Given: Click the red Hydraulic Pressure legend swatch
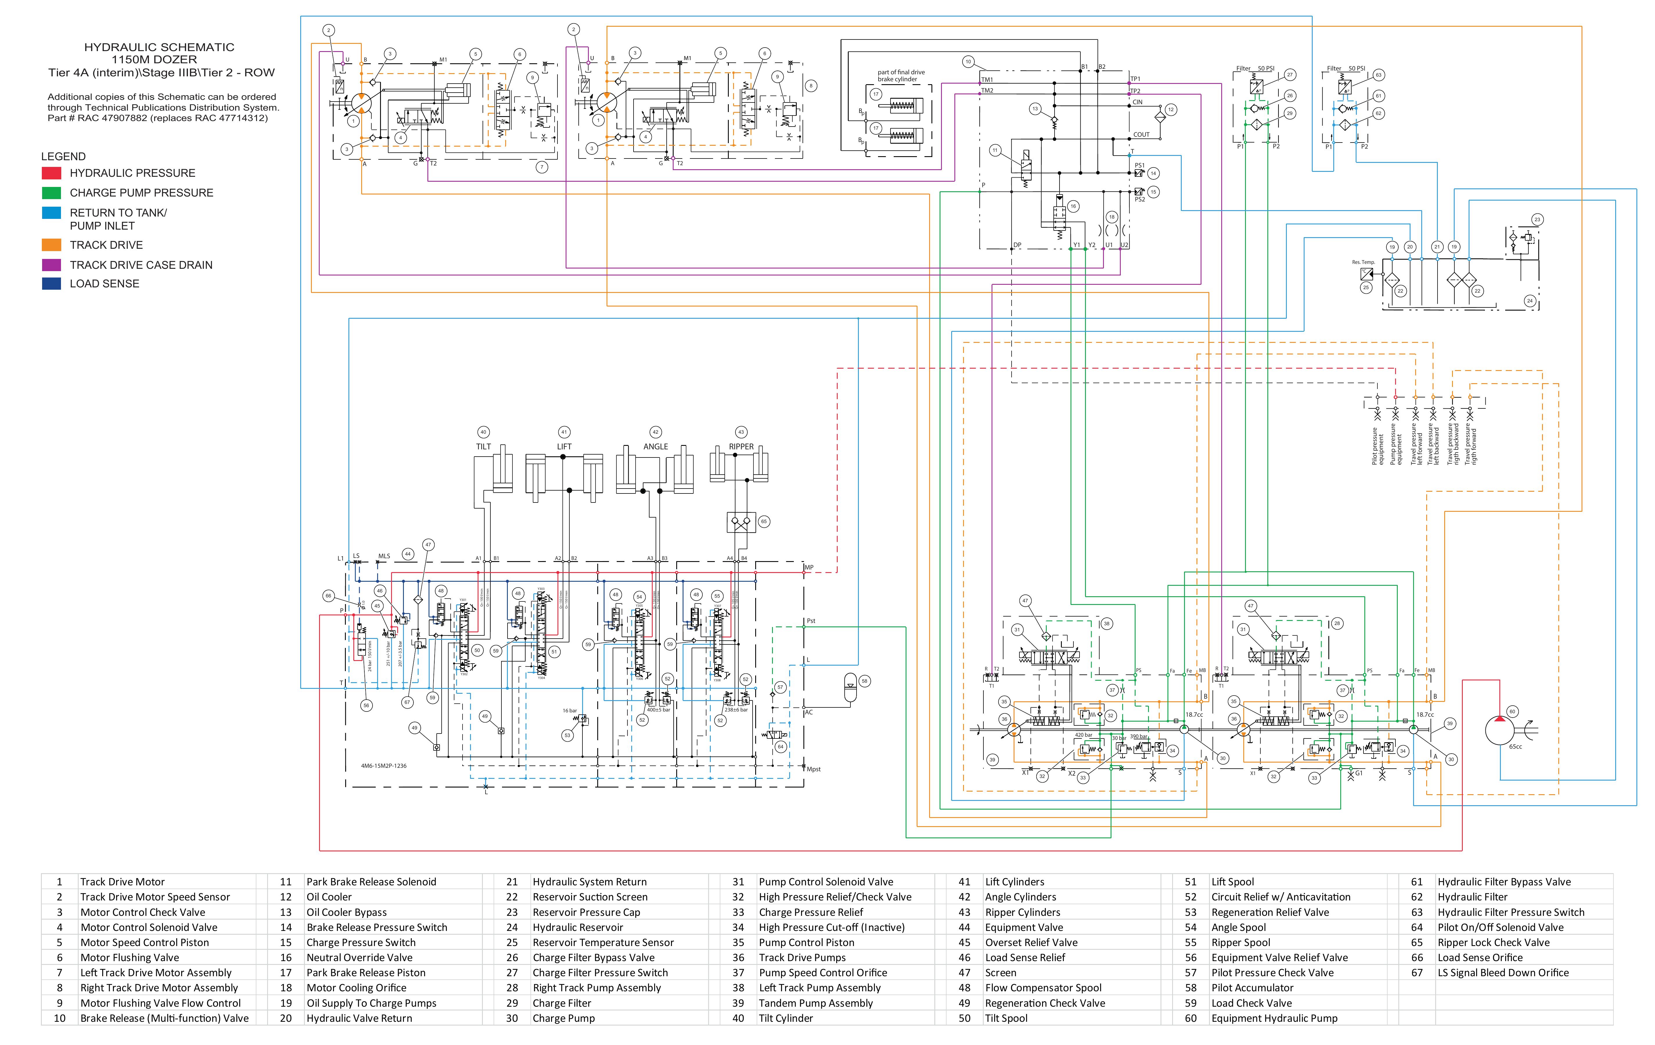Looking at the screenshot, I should [52, 173].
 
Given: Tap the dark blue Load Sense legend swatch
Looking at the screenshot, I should [52, 284].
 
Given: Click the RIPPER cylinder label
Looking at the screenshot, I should [741, 446].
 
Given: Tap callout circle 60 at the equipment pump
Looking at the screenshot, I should [1512, 712].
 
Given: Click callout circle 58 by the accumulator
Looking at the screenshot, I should [865, 681].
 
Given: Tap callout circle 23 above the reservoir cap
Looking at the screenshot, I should [1537, 220].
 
